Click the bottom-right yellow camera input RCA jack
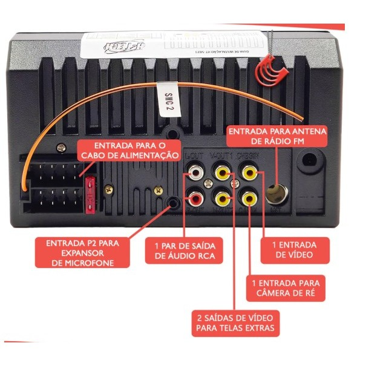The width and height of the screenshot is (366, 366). [x=249, y=197]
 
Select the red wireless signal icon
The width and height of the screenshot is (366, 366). [x=270, y=70]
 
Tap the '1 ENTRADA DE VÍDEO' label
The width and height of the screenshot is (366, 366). [x=294, y=250]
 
